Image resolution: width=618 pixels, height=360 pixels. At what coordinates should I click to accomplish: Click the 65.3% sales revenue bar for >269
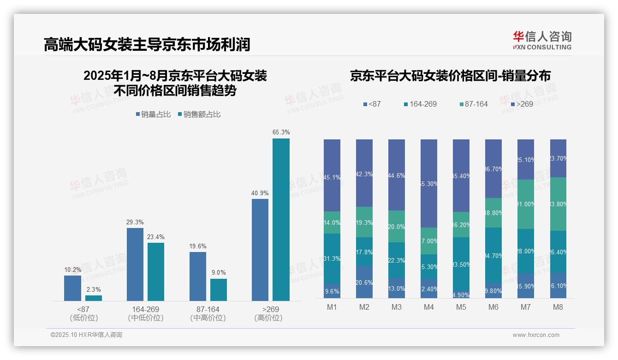(281, 220)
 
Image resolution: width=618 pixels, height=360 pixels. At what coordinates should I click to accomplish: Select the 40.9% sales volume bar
(260, 250)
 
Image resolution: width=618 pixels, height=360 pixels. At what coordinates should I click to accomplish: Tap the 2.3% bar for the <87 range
(94, 298)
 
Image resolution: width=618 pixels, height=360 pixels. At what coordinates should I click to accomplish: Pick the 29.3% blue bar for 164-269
(135, 264)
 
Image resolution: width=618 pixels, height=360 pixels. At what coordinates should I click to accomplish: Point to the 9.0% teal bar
(219, 290)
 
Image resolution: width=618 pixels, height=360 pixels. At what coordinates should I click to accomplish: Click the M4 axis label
(428, 307)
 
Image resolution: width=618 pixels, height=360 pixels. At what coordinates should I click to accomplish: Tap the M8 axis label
(558, 307)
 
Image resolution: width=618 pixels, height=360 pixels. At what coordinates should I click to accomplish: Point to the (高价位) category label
(268, 318)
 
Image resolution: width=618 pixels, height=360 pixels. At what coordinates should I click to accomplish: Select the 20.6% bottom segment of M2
(364, 282)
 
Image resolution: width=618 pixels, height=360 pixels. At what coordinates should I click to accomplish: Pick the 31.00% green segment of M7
(526, 204)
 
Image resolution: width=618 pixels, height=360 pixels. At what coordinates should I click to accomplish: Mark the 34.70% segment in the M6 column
(493, 255)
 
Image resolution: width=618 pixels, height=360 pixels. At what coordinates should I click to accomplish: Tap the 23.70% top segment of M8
(558, 158)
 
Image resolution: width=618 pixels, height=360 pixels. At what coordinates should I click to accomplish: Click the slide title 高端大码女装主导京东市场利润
(147, 45)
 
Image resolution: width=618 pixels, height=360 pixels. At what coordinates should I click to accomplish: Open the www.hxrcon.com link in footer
(535, 335)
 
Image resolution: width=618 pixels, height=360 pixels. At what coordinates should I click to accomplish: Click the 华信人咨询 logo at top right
(542, 40)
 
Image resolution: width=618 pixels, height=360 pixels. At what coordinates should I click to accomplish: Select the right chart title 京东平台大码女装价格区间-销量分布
(450, 76)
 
